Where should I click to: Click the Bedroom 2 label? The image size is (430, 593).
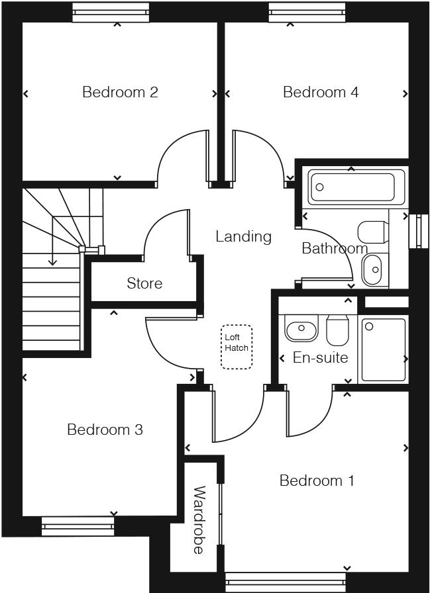(120, 92)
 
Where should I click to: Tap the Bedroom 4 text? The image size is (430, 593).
(321, 92)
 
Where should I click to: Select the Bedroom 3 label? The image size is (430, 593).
(105, 430)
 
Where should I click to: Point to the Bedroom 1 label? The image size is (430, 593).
(317, 480)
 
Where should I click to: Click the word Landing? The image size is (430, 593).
(243, 236)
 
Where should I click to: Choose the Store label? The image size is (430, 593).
(144, 283)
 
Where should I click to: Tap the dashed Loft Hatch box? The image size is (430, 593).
(237, 347)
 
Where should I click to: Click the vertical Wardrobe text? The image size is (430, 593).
(199, 520)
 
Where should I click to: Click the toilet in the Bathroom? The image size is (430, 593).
(372, 232)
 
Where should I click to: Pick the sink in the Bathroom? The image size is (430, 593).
(372, 269)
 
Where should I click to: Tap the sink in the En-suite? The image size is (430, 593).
(301, 328)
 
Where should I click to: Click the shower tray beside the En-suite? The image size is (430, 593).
(383, 349)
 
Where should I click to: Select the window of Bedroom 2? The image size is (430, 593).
(110, 13)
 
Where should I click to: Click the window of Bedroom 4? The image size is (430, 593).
(307, 13)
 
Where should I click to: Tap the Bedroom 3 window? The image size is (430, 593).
(78, 527)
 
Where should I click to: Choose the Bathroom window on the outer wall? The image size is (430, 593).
(419, 231)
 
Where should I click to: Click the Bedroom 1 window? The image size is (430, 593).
(285, 582)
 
